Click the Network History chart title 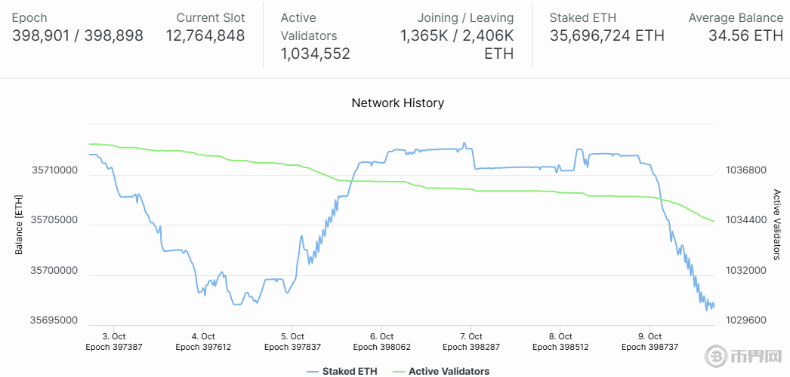coord(397,103)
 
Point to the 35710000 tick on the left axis coord(54,170)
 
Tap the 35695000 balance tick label coord(54,320)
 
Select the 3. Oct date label coord(114,336)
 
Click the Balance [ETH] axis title coord(20,225)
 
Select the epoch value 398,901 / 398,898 coord(78,35)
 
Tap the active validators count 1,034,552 coord(315,54)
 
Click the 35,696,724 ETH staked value coord(607,35)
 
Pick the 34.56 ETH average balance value coord(745,35)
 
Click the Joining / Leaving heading coord(465,17)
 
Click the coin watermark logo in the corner coord(714,356)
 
